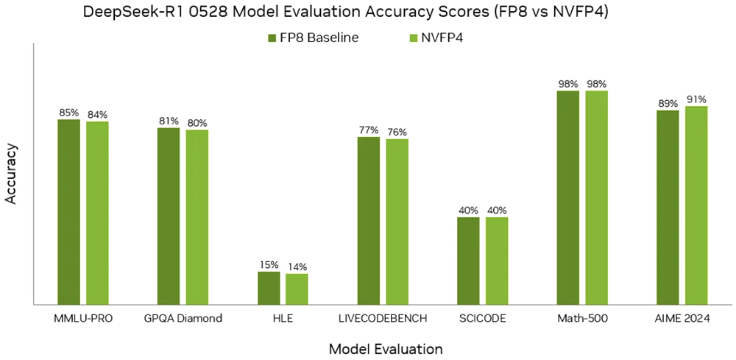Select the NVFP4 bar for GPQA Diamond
coord(197,216)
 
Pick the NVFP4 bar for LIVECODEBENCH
coord(397,221)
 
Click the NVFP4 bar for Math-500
coord(596,197)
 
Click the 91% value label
coord(696,99)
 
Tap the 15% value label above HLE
coord(269,265)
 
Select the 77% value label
coord(369,130)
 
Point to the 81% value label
coord(169,121)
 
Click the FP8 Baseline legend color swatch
coord(272,38)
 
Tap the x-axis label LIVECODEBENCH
coord(383,319)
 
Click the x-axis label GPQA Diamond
coord(183,319)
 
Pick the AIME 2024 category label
coord(682,319)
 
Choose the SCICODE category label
coord(483,319)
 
